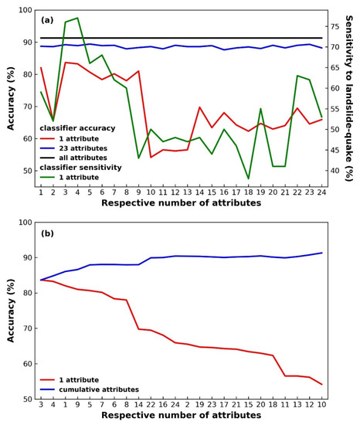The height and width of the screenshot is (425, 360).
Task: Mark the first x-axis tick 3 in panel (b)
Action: [41, 404]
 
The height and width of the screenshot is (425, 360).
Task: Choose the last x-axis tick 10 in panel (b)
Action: [321, 404]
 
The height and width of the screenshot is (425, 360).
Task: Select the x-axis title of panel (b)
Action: [182, 416]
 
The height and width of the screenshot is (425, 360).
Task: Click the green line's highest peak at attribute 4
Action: [77, 18]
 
